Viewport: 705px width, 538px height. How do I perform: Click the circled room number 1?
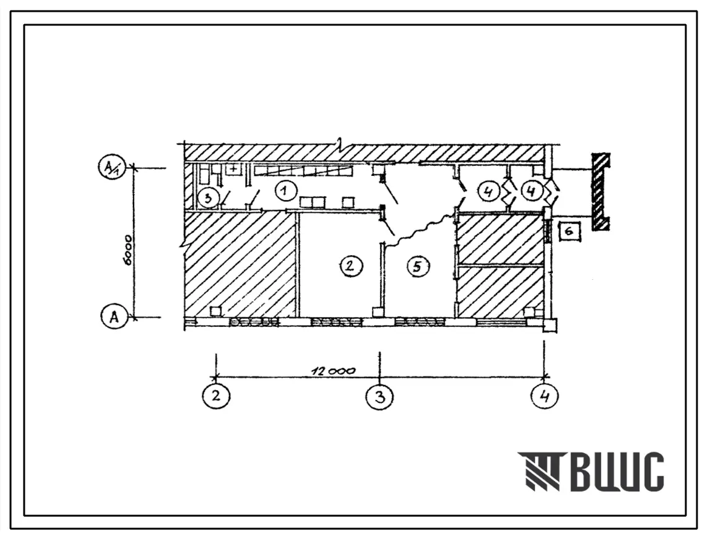coord(283,191)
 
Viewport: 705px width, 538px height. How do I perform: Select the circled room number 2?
coord(350,266)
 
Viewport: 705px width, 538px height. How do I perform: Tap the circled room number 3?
coord(208,197)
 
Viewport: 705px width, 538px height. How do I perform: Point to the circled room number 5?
coord(417,266)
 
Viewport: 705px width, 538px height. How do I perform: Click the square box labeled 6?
coord(569,232)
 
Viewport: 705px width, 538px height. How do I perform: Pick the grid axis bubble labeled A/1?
coord(110,168)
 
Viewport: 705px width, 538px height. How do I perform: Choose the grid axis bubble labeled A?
coord(115,317)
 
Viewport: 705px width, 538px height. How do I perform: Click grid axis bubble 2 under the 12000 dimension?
coord(216,396)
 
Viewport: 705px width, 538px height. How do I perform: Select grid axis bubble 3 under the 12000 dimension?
coord(380,397)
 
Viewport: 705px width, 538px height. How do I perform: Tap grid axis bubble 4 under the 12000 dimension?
coord(545,397)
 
